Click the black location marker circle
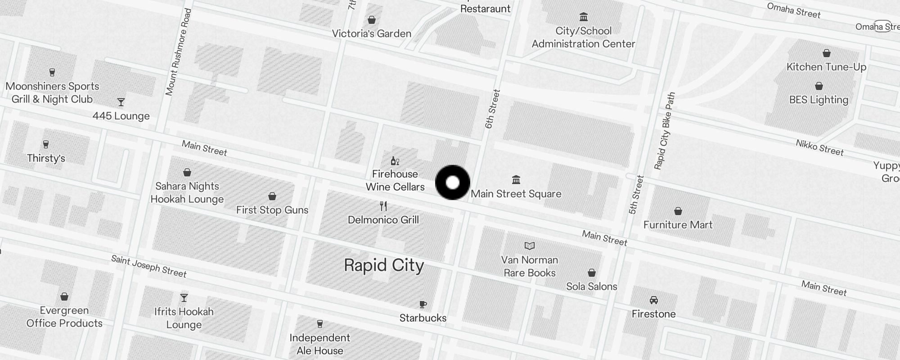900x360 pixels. click(453, 182)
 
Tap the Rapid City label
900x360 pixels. click(384, 265)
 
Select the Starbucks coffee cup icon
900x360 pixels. click(423, 305)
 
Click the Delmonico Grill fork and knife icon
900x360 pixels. click(383, 206)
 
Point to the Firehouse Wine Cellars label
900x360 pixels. click(395, 180)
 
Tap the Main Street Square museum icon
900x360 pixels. click(516, 180)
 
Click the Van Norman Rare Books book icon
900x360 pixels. click(530, 246)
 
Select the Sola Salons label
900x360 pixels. click(591, 286)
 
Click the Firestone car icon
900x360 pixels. click(653, 300)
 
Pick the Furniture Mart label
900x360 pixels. click(678, 225)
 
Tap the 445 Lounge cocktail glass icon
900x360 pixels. click(121, 102)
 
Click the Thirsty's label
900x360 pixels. click(46, 158)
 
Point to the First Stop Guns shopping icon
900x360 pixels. click(272, 196)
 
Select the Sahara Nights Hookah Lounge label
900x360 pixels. click(187, 193)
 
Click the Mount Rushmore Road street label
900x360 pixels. click(178, 52)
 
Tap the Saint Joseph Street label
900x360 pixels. click(148, 266)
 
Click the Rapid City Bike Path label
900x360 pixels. click(665, 131)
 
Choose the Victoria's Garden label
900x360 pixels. click(371, 34)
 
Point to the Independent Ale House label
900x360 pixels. click(319, 344)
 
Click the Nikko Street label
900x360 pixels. click(819, 148)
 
